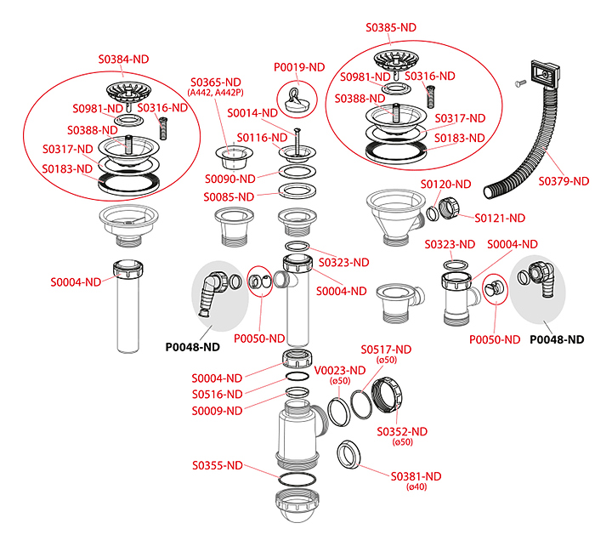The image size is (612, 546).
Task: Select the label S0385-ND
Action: pos(392,27)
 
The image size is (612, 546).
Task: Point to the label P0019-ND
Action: pos(299,67)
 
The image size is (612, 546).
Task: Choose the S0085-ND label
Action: pos(229,197)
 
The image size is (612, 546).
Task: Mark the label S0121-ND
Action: pos(500,218)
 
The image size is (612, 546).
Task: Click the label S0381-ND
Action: pos(416,476)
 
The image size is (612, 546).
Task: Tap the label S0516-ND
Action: pos(217,394)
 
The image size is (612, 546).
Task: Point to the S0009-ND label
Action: pos(217,410)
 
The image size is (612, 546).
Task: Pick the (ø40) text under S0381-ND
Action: pos(416,488)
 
